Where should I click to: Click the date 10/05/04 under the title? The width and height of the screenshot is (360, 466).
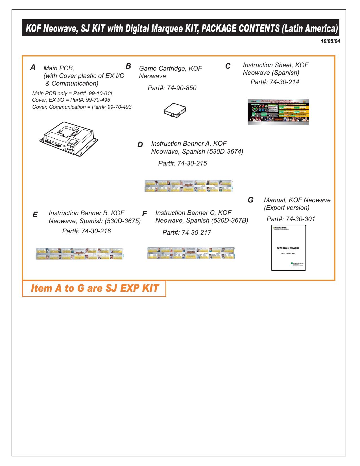coord(330,41)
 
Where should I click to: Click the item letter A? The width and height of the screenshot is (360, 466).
coord(33,67)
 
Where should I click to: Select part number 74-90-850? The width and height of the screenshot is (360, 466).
coord(182,88)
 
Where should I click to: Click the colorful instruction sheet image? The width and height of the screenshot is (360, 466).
coord(278,112)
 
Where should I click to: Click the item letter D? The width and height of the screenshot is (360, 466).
coord(140,145)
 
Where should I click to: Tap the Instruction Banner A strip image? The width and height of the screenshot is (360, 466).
coord(188,186)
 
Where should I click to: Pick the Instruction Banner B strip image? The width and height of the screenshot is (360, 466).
coord(80,253)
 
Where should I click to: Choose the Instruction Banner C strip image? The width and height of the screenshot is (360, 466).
coord(191,253)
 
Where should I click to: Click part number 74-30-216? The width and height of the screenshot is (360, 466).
coord(96,231)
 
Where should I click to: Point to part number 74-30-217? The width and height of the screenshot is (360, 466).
coord(196,232)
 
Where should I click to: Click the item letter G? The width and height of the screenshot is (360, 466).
coord(250,200)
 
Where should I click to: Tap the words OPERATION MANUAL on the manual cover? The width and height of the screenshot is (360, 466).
coord(288,248)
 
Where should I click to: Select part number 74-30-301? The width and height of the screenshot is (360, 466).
coord(300,219)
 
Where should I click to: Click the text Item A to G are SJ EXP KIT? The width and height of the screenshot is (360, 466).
coord(95,288)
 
